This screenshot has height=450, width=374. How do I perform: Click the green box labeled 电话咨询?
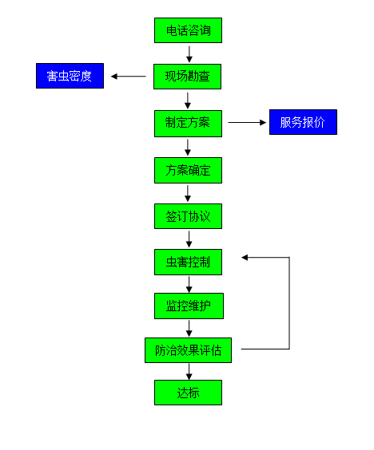(188, 30)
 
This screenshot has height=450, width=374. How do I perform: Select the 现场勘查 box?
(188, 77)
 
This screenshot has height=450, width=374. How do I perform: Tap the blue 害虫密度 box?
(70, 76)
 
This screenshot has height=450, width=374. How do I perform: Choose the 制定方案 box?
(188, 124)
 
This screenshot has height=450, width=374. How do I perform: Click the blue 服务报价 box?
(303, 122)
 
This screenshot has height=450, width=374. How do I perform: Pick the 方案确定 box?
(188, 170)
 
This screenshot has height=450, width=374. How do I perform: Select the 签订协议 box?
(188, 216)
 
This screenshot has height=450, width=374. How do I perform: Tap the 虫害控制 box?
(188, 262)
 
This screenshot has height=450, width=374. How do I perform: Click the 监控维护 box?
(189, 306)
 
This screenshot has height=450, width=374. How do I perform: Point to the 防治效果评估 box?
(188, 350)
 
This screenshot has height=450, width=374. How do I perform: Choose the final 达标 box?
(188, 393)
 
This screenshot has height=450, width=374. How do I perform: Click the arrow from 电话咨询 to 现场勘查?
(189, 54)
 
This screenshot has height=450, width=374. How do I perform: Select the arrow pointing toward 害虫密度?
(129, 77)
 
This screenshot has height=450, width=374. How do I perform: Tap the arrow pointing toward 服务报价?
(247, 123)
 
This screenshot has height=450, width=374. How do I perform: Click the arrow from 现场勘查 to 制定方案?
(188, 101)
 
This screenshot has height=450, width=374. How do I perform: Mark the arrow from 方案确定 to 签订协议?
(188, 193)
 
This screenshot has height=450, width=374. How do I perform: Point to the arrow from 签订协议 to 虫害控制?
(189, 239)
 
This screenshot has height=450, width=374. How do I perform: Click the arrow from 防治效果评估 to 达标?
(189, 372)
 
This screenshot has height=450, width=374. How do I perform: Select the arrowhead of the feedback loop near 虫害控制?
(245, 258)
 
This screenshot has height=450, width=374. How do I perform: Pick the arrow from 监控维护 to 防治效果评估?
(189, 329)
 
